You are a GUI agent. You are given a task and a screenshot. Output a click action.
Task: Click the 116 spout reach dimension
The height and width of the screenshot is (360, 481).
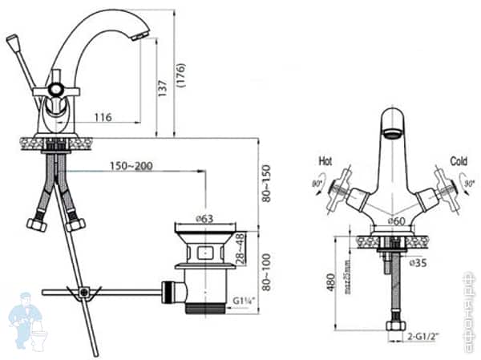coord(102,118)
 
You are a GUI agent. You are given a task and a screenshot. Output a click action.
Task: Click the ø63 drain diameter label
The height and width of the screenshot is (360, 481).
coord(204,217)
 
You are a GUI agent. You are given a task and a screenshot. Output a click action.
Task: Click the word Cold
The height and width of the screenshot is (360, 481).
coord(459,160)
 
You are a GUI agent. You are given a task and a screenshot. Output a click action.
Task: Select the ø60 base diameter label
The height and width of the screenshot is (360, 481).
coord(395,220)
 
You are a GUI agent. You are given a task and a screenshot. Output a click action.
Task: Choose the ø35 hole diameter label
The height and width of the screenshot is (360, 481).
coord(417,262)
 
